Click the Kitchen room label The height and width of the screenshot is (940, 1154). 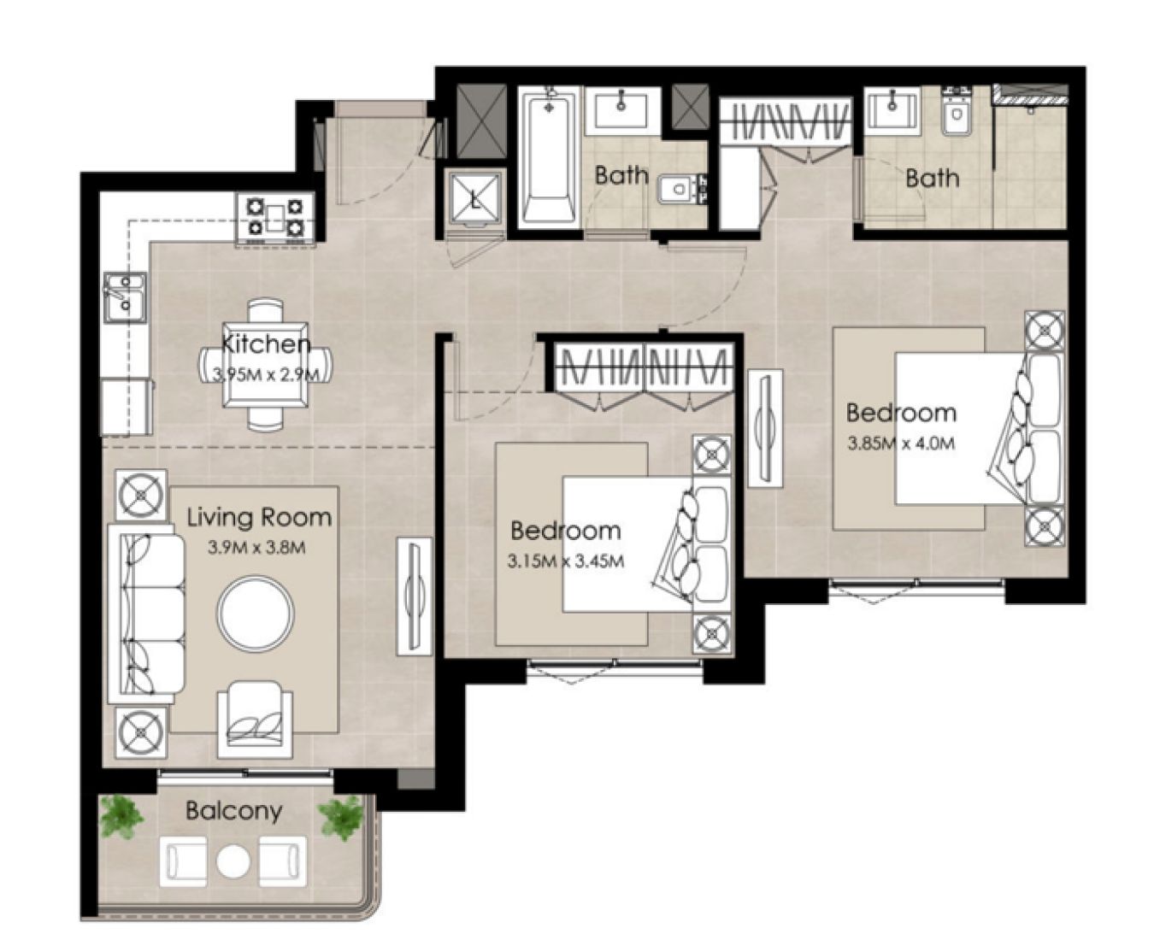point(266,344)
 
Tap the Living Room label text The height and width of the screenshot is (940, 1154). point(259,517)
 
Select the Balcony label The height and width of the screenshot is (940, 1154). point(233,810)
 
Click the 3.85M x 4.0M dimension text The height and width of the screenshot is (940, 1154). point(900,444)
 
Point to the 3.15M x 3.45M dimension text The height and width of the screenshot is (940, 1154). point(564,561)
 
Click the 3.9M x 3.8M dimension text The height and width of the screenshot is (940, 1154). point(256,548)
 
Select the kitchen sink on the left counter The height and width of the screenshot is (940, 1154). point(124,297)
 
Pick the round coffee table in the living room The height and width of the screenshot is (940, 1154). point(256,614)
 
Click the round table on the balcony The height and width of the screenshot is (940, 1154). point(233,861)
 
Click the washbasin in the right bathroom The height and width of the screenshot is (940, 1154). point(892,111)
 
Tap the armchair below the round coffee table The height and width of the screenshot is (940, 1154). point(255,719)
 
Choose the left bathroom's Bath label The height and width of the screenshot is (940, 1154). point(621,176)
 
